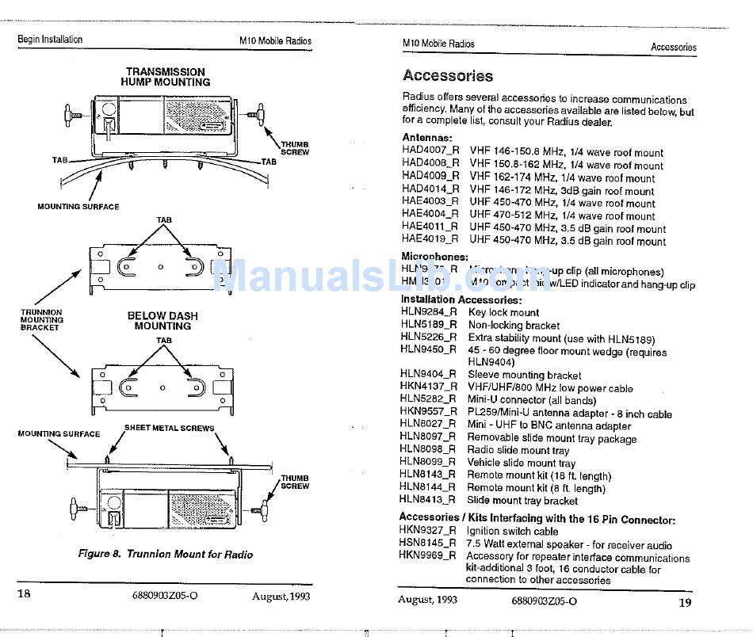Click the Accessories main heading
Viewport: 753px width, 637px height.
pos(448,76)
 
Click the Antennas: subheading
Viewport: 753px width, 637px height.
pos(427,138)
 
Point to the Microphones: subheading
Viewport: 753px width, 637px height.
pos(434,257)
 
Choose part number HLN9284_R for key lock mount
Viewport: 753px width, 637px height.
pos(429,312)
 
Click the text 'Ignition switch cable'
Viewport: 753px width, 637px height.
pos(512,532)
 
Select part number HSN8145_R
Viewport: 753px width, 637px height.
pos(428,544)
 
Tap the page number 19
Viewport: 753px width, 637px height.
pos(686,601)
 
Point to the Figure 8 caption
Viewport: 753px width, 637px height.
pos(166,555)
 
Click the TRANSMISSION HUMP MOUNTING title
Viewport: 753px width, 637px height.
pos(166,77)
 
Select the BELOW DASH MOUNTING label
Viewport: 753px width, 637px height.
pos(162,321)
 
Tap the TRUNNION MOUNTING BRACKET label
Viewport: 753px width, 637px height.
pos(41,320)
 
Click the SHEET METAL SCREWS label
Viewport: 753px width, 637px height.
pos(169,428)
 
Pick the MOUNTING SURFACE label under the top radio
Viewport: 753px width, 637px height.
pos(78,207)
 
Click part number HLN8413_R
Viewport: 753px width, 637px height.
pos(428,500)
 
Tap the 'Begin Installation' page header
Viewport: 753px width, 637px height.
pos(50,40)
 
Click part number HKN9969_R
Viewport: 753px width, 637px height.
pos(428,556)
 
